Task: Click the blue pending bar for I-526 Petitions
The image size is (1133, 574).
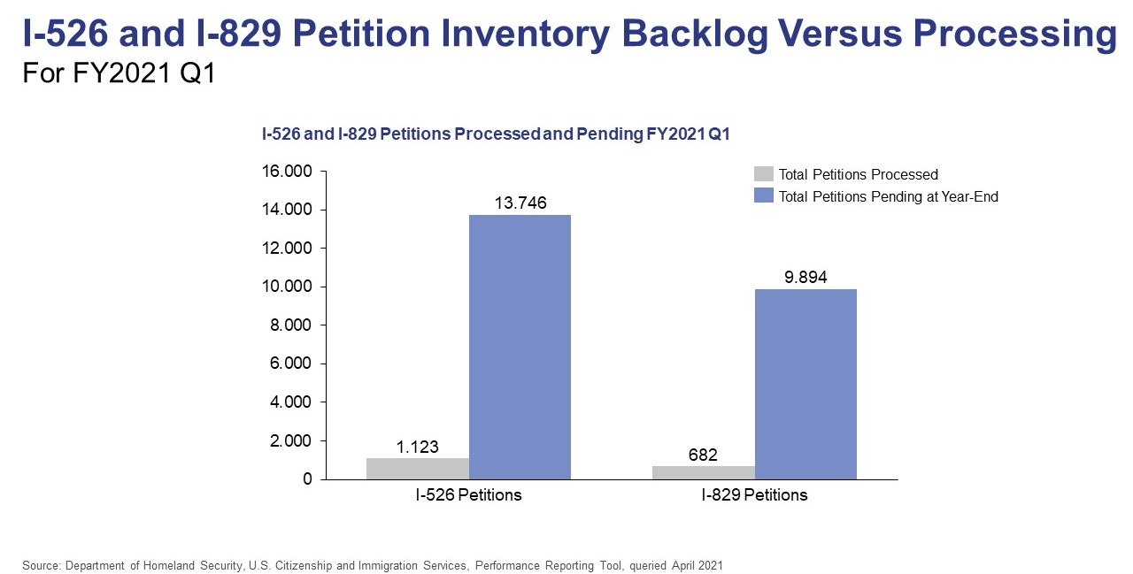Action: click(x=520, y=347)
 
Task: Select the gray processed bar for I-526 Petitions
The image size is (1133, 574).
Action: click(x=418, y=468)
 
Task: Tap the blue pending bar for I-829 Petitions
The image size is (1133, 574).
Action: click(x=805, y=384)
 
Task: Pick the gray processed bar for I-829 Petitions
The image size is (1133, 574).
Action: click(x=704, y=472)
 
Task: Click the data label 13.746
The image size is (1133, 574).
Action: click(x=520, y=203)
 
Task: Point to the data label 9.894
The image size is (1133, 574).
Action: click(x=805, y=277)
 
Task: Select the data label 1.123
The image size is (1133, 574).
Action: click(x=418, y=447)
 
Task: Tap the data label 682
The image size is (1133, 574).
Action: click(x=704, y=455)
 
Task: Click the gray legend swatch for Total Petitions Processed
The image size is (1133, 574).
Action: click(x=763, y=174)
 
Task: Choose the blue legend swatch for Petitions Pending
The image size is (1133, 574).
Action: click(x=763, y=196)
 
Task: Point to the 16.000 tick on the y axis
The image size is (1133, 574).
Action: click(x=289, y=172)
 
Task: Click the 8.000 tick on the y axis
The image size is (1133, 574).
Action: click(x=292, y=325)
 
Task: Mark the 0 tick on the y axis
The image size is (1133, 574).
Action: click(x=307, y=479)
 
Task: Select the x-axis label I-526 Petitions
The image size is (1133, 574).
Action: click(x=468, y=495)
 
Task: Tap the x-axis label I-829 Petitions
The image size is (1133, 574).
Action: click(x=754, y=495)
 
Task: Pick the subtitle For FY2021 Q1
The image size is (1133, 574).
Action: click(x=119, y=73)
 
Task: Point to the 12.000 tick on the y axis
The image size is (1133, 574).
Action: click(x=289, y=249)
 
